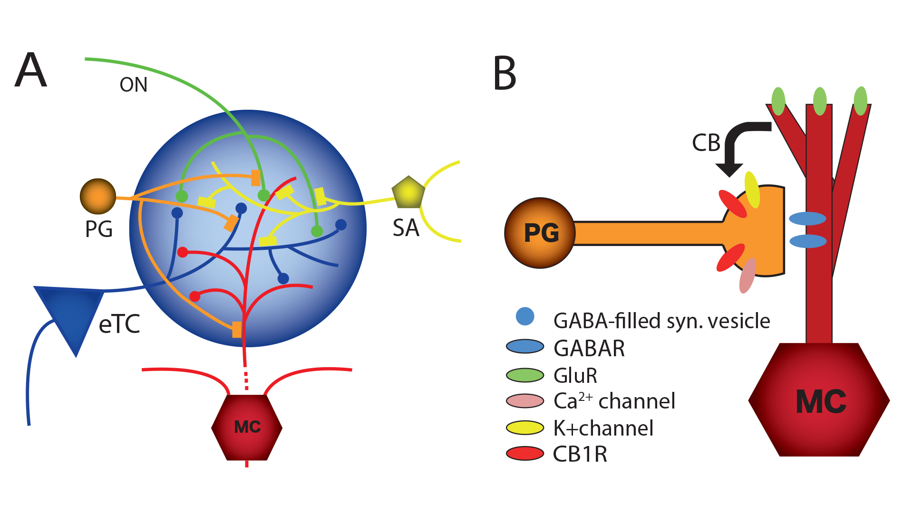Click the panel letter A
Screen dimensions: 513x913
(x=31, y=70)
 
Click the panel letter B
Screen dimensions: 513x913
(x=505, y=73)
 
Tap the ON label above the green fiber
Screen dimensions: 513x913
(x=134, y=85)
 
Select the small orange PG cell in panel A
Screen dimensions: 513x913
(x=98, y=196)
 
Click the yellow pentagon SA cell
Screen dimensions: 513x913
(x=408, y=192)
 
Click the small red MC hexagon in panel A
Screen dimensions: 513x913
(x=247, y=427)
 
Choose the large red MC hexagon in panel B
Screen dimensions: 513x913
(x=819, y=400)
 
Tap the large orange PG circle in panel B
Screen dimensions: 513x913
(x=540, y=233)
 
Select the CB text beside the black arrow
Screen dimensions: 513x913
(x=706, y=143)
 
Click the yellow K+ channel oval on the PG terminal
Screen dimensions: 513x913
(x=752, y=190)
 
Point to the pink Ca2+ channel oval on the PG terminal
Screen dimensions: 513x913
(x=748, y=275)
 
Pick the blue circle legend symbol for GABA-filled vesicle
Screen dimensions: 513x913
(x=525, y=316)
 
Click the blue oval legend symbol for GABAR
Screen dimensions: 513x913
(x=525, y=347)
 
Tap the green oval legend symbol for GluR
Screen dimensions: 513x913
(x=525, y=375)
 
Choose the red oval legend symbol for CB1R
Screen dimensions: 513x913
(x=525, y=454)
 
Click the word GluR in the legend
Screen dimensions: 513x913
(x=575, y=376)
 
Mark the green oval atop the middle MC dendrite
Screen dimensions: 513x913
(x=820, y=101)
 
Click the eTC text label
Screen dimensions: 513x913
(x=119, y=324)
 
